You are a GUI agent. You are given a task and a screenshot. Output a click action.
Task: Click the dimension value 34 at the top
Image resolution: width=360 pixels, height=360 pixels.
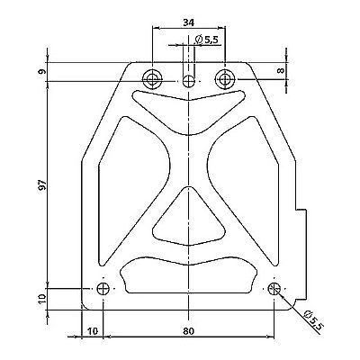pos(188,22)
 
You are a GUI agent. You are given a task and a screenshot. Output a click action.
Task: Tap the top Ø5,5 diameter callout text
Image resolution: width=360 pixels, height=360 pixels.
pos(207,40)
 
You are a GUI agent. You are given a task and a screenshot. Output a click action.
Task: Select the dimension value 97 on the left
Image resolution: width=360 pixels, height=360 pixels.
pos(43,184)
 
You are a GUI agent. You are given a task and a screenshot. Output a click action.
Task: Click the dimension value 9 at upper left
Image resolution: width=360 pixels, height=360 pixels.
pos(43,71)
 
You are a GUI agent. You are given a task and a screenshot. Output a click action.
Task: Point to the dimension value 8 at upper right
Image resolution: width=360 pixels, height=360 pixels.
pos(281,70)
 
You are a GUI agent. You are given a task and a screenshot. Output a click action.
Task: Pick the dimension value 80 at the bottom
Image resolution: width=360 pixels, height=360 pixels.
pos(188,331)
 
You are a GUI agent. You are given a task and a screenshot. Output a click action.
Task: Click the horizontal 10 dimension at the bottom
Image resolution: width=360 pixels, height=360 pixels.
pos(93,331)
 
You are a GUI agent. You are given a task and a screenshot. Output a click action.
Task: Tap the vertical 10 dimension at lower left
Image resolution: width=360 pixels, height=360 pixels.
pos(42,299)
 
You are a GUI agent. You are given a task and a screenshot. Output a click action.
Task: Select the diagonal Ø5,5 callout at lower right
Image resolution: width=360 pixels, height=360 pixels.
pos(312,320)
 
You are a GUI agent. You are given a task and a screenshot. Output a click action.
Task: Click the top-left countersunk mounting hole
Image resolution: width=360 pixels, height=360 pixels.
pos(152,79)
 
